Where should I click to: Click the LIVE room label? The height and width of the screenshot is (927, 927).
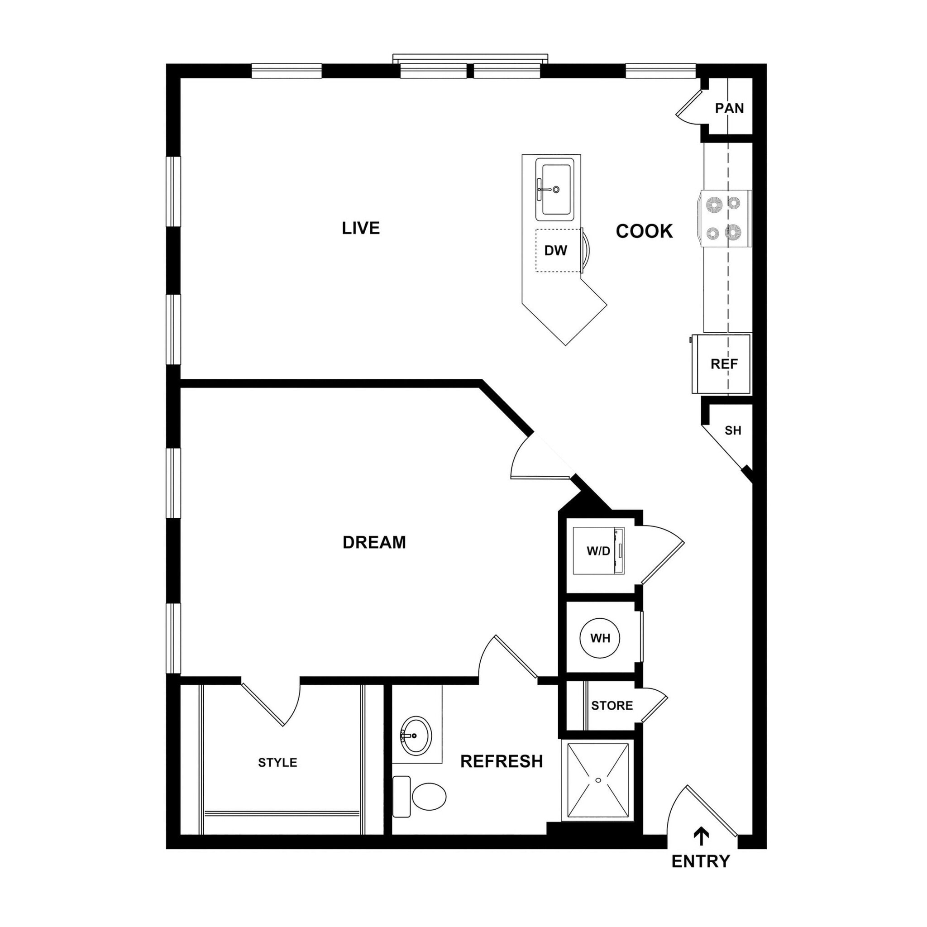pyautogui.click(x=360, y=228)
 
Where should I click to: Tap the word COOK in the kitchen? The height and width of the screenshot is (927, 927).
pyautogui.click(x=644, y=231)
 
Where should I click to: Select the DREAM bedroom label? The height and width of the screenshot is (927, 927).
pyautogui.click(x=374, y=542)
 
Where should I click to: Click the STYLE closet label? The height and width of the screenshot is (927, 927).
pyautogui.click(x=277, y=762)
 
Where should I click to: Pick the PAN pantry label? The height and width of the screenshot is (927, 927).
pyautogui.click(x=729, y=109)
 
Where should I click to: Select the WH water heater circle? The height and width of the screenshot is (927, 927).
pyautogui.click(x=600, y=638)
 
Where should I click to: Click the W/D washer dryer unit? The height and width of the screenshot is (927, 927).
pyautogui.click(x=598, y=551)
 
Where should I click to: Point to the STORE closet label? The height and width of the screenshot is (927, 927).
pyautogui.click(x=612, y=705)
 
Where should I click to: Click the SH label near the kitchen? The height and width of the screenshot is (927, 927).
pyautogui.click(x=733, y=430)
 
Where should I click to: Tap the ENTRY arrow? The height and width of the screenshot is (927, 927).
pyautogui.click(x=702, y=837)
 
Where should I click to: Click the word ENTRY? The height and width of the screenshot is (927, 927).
pyautogui.click(x=701, y=861)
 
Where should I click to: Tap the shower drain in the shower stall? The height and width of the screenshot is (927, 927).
pyautogui.click(x=598, y=780)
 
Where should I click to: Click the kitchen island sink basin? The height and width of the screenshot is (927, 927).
pyautogui.click(x=557, y=189)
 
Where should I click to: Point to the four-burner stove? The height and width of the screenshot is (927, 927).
pyautogui.click(x=725, y=218)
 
